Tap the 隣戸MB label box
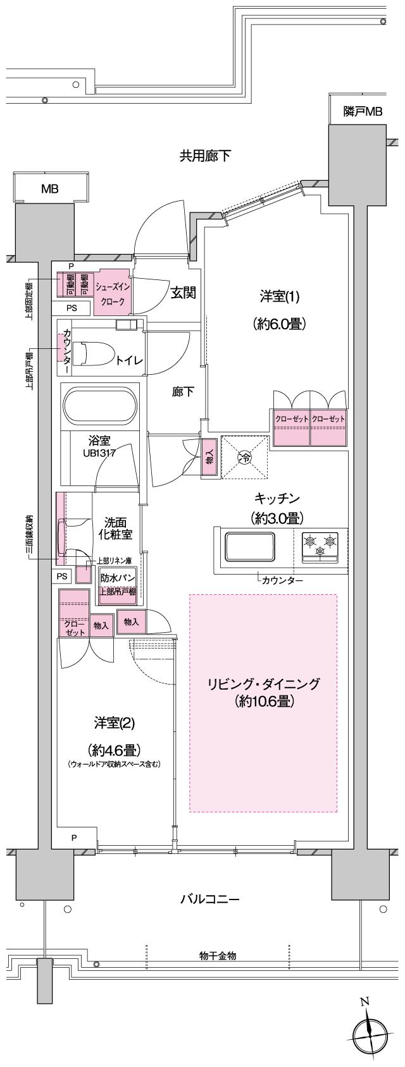(x=363, y=112)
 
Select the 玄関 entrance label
(x=183, y=293)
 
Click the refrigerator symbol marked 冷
(x=244, y=458)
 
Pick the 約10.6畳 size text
(x=264, y=702)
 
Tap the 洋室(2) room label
(x=115, y=723)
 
